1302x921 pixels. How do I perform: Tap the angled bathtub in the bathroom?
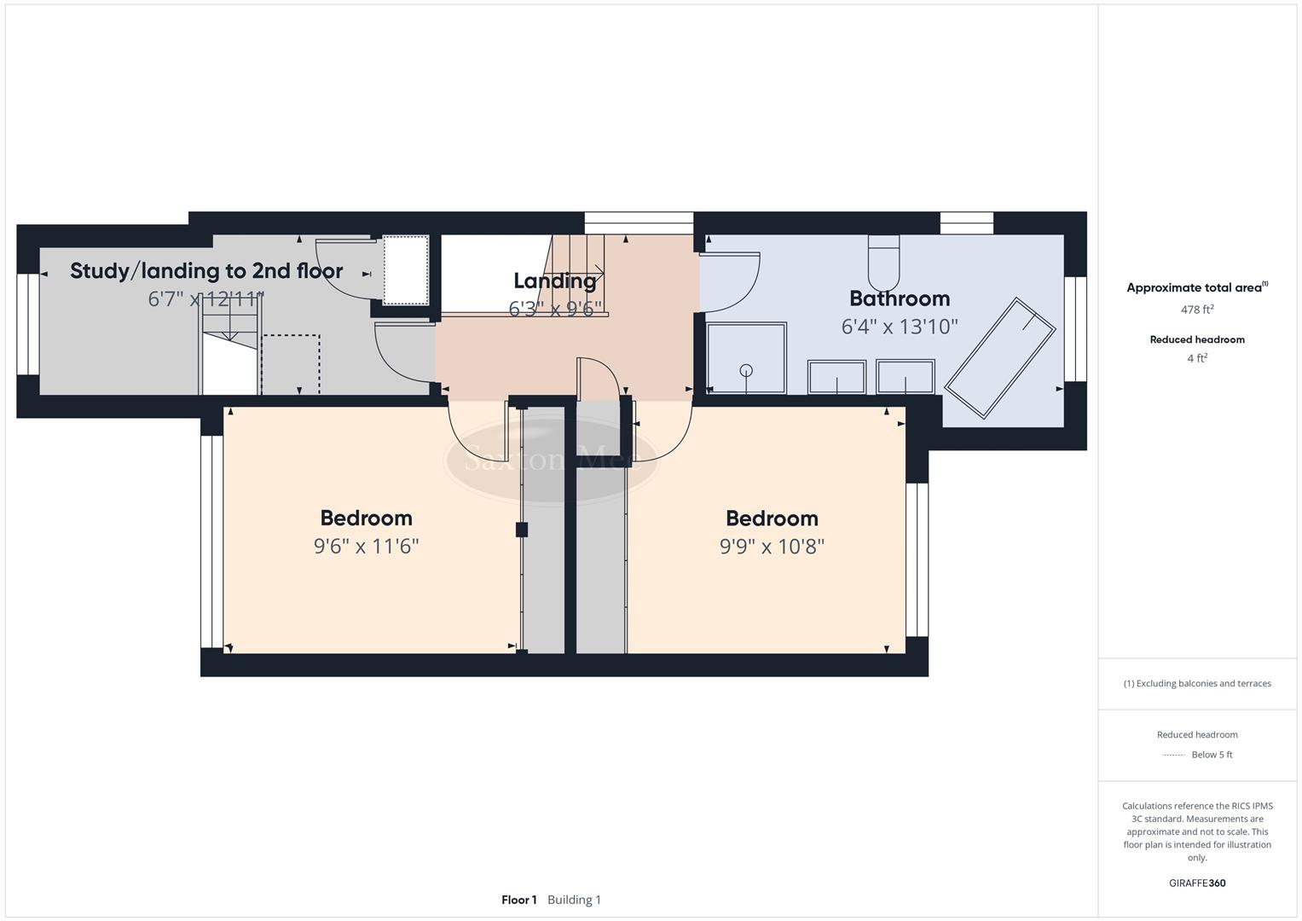coord(1000,358)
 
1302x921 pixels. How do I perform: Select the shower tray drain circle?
coord(746,370)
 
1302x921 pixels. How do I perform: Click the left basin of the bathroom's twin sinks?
coord(836,377)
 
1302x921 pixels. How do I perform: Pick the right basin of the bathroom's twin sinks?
coord(906,377)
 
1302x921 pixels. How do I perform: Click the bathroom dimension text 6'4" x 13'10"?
coord(900,327)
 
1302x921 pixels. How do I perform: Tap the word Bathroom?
coord(900,298)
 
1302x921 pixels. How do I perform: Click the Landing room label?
coord(554,281)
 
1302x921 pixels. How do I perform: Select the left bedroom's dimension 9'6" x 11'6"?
coord(366,546)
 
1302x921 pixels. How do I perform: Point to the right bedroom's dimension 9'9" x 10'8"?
coord(772,546)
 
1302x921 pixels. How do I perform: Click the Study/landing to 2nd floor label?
coord(206,271)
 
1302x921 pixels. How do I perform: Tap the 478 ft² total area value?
coord(1196,310)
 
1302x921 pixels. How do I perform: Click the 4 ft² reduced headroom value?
coord(1196,358)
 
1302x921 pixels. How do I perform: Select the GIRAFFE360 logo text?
coord(1196,883)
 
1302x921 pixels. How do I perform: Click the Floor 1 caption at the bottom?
coord(518,900)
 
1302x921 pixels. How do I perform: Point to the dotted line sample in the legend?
coord(1173,755)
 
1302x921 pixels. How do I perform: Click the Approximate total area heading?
coord(1194,287)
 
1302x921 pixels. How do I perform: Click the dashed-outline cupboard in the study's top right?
coord(405,270)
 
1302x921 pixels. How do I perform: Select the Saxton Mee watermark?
coord(552,460)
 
